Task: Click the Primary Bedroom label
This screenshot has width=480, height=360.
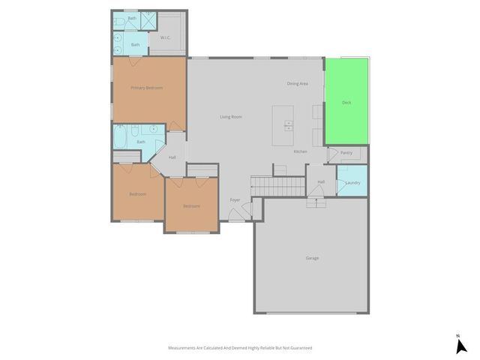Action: (147, 88)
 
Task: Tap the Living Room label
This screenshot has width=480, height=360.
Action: (231, 117)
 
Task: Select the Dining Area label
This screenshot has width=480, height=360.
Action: (298, 83)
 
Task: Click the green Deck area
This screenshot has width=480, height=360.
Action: (346, 102)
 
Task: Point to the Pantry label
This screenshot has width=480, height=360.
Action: (346, 153)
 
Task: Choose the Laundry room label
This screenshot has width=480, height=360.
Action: (353, 182)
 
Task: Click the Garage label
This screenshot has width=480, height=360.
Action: (312, 258)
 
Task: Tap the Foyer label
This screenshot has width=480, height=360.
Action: (235, 200)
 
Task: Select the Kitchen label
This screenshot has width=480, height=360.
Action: (300, 152)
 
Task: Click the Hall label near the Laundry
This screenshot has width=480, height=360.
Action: (321, 182)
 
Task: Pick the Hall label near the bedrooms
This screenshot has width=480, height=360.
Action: (172, 157)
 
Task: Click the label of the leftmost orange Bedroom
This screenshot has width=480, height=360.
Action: (137, 194)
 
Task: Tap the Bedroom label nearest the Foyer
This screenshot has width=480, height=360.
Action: (191, 206)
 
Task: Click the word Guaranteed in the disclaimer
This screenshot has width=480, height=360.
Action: (298, 348)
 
